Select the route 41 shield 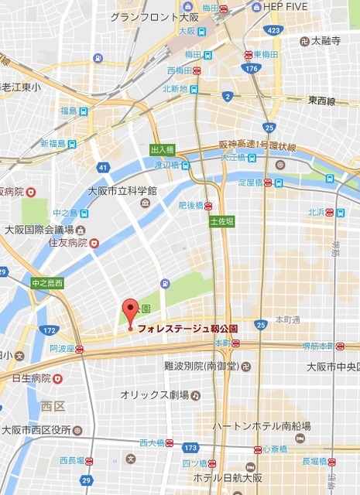102,166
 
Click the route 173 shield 190,448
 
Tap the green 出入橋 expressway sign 163,148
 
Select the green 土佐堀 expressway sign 220,221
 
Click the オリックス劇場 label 154,395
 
